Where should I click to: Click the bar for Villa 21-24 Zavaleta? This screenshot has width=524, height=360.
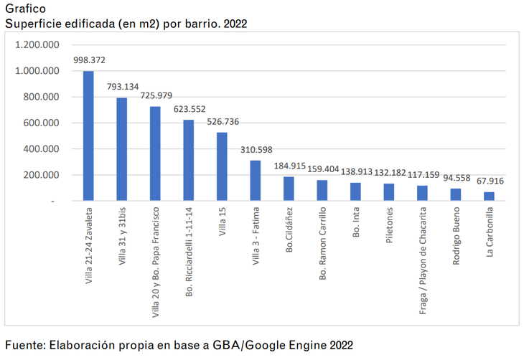pos(88,136)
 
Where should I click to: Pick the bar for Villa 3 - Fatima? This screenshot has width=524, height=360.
pos(255,181)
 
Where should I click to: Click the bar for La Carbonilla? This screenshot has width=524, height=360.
pos(489,196)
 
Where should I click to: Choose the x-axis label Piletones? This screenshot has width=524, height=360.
pos(389,227)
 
